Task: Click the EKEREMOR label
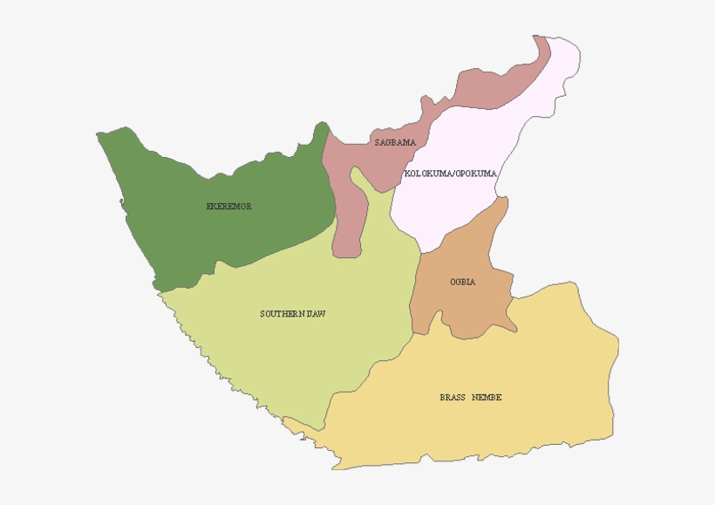click(228, 207)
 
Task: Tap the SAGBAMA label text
click(394, 142)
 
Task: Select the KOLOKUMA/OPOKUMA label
click(451, 174)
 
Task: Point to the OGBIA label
click(463, 282)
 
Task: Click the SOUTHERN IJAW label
click(293, 313)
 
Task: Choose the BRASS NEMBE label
click(471, 398)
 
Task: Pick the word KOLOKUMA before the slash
click(428, 174)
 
